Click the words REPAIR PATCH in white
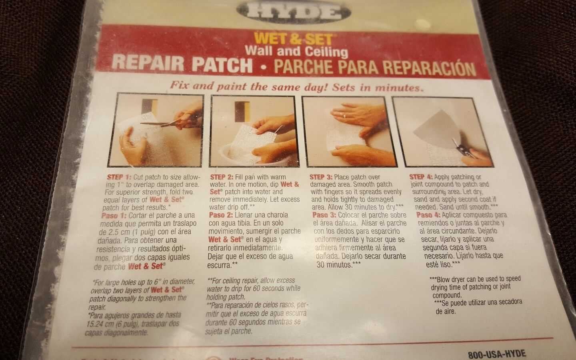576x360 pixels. click(182, 64)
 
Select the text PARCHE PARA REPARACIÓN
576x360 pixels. click(374, 67)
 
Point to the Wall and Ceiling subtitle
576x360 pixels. click(296, 51)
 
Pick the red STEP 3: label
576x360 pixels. click(321, 177)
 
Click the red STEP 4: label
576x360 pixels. click(421, 177)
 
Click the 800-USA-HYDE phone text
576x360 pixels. click(496, 354)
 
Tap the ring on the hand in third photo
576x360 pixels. click(344, 115)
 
